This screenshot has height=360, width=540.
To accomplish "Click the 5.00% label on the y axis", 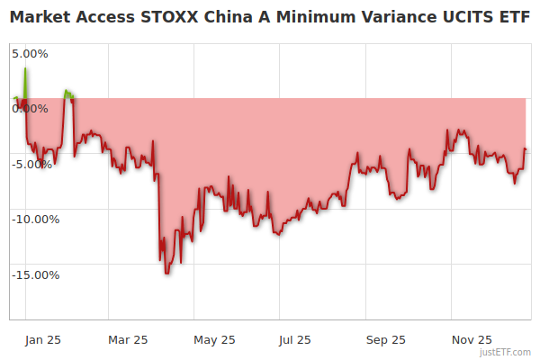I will [x=30, y=53].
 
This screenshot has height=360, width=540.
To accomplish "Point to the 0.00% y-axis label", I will [x=30, y=108].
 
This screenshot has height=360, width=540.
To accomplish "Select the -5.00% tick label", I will [x=33, y=164].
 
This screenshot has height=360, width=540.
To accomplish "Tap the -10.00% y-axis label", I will [x=35, y=219].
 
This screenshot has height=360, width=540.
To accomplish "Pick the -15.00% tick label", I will [x=35, y=274].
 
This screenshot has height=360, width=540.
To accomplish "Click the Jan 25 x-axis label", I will [x=42, y=339].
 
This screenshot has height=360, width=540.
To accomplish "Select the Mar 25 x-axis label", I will [x=127, y=339].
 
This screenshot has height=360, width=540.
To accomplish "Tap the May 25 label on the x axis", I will [x=214, y=339].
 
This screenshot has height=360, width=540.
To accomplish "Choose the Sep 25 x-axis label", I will [x=386, y=339].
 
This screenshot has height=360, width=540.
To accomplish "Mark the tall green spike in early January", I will [x=25, y=69].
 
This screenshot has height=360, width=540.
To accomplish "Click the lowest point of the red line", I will [x=166, y=273].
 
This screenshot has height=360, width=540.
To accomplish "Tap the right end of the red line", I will [x=526, y=149].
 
